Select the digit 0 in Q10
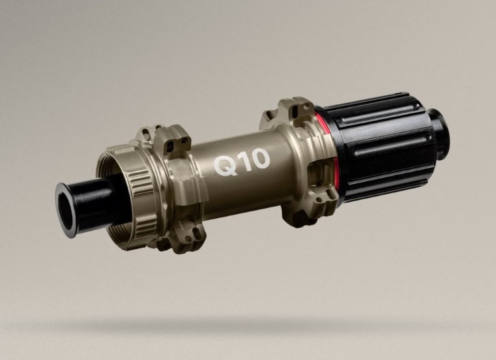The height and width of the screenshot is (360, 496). pos(259,158)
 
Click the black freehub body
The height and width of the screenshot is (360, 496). pos(379,145)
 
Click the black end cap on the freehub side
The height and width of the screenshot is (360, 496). pos(439,130)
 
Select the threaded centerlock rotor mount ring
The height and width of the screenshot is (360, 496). pos(126,196)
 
